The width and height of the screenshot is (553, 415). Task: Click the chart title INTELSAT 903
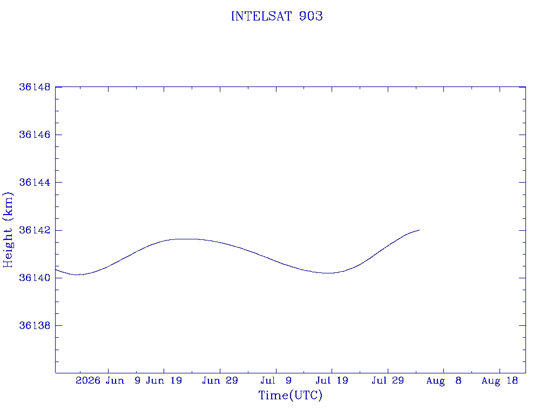(x=276, y=16)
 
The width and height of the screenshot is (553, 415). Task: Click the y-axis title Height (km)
(x=8, y=230)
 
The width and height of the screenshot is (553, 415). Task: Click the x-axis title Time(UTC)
(x=290, y=395)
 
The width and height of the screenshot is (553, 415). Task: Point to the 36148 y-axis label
(x=35, y=87)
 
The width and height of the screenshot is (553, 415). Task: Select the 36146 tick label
(x=35, y=135)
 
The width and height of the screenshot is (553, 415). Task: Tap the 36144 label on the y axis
(x=35, y=183)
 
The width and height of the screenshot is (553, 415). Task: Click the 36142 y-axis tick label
(x=35, y=230)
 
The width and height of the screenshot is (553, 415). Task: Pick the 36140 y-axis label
(x=35, y=278)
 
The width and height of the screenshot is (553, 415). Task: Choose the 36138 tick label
(x=35, y=325)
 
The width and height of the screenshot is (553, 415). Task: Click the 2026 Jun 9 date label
(x=108, y=380)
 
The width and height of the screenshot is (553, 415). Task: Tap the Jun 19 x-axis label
(x=164, y=380)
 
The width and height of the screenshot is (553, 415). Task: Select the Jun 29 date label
(x=220, y=380)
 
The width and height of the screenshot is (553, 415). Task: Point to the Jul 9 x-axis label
(x=276, y=380)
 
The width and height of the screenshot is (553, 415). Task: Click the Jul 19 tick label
(x=332, y=380)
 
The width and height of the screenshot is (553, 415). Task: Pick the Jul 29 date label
(x=388, y=380)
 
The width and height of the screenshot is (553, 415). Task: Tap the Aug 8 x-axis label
(x=444, y=381)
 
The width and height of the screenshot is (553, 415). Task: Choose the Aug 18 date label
(x=500, y=381)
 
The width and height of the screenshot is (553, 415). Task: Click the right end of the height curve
(x=419, y=230)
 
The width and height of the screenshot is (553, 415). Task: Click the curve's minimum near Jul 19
(x=328, y=273)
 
